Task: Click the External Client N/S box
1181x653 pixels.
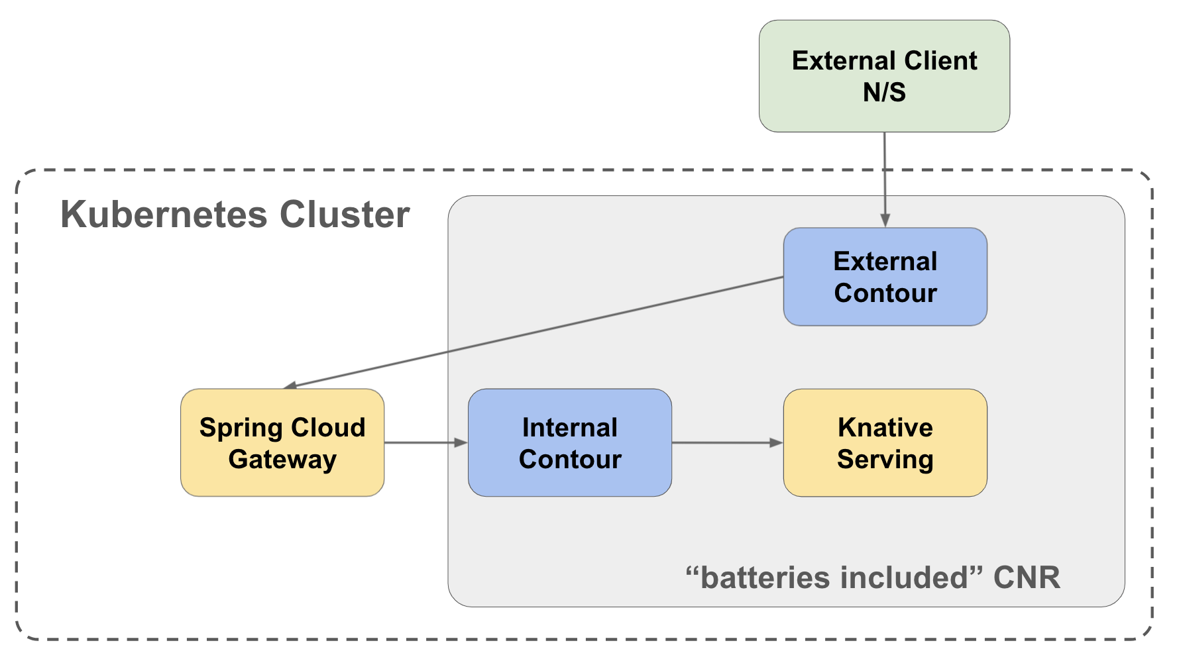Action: click(884, 76)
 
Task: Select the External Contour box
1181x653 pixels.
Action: click(885, 277)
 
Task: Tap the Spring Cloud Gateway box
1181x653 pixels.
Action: click(282, 442)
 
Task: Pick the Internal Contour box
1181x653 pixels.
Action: click(570, 442)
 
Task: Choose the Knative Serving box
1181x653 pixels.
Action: click(885, 442)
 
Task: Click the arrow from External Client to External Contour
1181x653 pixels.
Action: click(885, 180)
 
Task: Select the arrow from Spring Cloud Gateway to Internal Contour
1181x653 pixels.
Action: click(426, 442)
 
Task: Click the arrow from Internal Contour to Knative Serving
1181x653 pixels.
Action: click(728, 442)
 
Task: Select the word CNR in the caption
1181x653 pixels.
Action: click(1027, 578)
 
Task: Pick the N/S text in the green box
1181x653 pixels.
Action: click(884, 92)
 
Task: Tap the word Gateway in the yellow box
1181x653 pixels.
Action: click(282, 460)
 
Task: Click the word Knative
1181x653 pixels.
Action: click(885, 427)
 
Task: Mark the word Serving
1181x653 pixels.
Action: click(885, 460)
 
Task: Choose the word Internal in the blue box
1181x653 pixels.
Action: click(570, 427)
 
